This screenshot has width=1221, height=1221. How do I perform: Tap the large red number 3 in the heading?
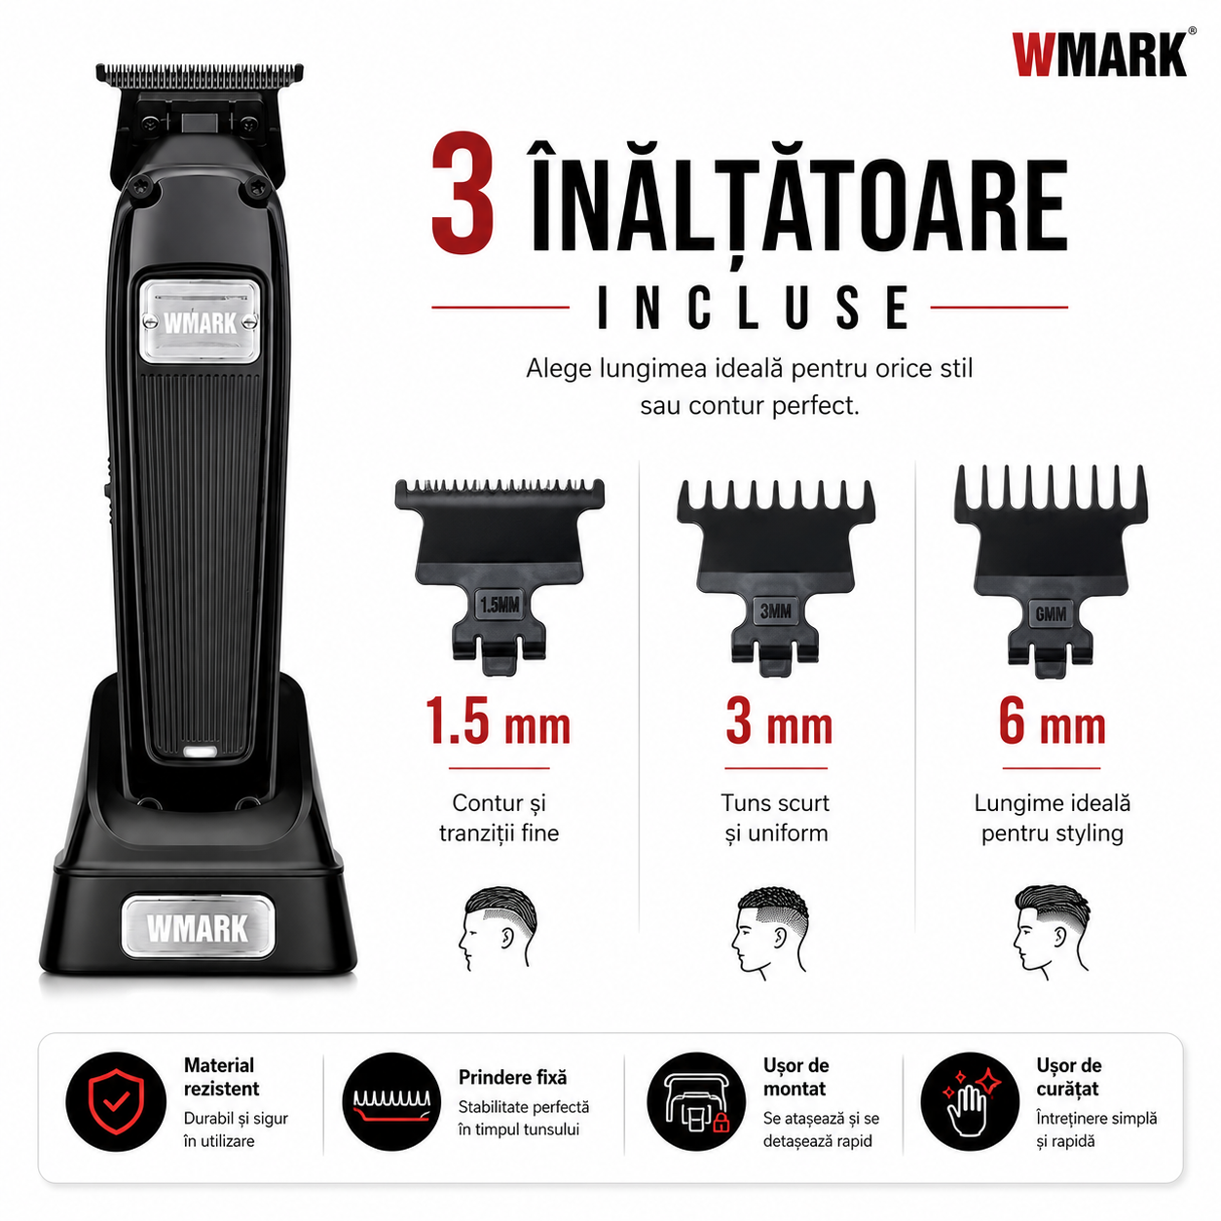pos(463,194)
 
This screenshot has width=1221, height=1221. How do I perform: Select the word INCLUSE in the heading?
pos(754,308)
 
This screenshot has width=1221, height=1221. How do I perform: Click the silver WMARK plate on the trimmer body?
pos(199,322)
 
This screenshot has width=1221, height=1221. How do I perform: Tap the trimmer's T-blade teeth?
pos(199,74)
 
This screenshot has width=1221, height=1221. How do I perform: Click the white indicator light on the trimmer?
pos(201,752)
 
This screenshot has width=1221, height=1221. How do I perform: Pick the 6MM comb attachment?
pos(1052,572)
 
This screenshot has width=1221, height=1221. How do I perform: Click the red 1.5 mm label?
pos(498,721)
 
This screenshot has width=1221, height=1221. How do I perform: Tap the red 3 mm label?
pos(779,721)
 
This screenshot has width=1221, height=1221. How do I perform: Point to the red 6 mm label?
pos(1053,721)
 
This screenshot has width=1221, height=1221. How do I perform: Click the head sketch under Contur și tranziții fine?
pos(498,928)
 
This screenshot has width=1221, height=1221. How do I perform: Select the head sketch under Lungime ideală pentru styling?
pos(1052,928)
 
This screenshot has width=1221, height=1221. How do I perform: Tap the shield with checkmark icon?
pos(116,1102)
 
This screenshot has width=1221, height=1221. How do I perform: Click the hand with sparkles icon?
pos(970,1102)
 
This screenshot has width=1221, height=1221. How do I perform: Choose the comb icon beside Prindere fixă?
pos(391,1103)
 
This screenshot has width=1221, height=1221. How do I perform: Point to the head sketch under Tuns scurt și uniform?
pos(772,932)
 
